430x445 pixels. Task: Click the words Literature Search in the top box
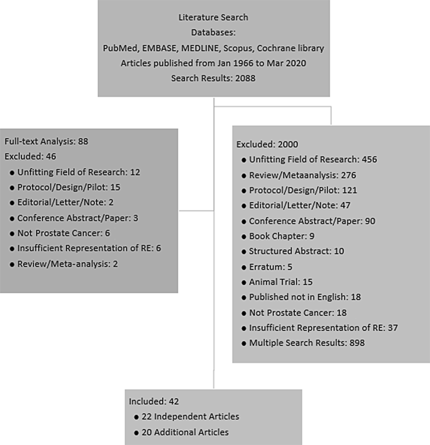pos(213,18)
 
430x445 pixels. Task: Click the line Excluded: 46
pos(30,157)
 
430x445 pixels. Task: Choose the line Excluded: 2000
pos(267,144)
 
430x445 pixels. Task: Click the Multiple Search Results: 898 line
pos(307,343)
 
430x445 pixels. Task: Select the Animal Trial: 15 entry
pos(281,282)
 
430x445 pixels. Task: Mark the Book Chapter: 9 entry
pos(281,236)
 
